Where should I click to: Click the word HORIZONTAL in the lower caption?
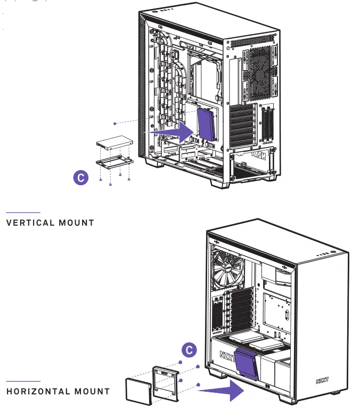(38, 391)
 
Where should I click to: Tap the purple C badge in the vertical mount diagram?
(80, 178)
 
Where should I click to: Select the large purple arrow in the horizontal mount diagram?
(220, 391)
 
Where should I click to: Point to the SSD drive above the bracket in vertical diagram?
(113, 143)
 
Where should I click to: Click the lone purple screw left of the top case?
(114, 123)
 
